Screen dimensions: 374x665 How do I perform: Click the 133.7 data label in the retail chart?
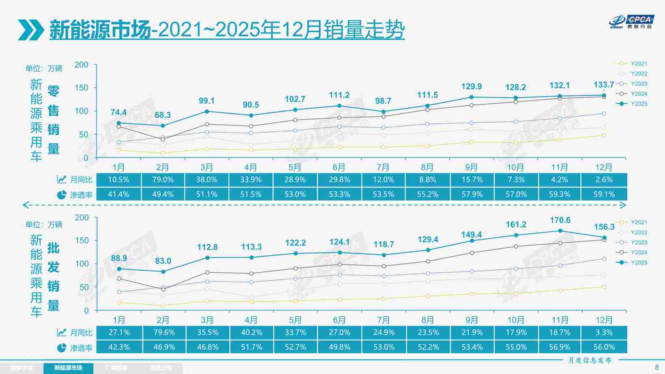pyautogui.click(x=604, y=85)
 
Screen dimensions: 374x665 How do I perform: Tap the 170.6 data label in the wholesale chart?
pyautogui.click(x=560, y=220)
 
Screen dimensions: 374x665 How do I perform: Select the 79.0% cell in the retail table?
pyautogui.click(x=163, y=180)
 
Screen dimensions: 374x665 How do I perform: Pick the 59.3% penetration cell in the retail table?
pyautogui.click(x=560, y=194)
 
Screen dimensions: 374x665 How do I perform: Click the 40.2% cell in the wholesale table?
pyautogui.click(x=251, y=332)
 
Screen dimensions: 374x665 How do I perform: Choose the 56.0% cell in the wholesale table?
pyautogui.click(x=604, y=347)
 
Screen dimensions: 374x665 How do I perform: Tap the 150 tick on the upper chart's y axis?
pyautogui.click(x=81, y=88)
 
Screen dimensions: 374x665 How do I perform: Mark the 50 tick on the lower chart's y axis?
pyautogui.click(x=84, y=287)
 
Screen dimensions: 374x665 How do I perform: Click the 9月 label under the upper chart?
pyautogui.click(x=471, y=167)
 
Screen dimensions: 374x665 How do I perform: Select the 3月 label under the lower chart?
pyautogui.click(x=207, y=320)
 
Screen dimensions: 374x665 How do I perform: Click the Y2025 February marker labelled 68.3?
pyautogui.click(x=163, y=126)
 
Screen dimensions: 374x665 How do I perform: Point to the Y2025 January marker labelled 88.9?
pyautogui.click(x=119, y=269)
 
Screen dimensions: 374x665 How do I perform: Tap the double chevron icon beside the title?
pyautogui.click(x=31, y=30)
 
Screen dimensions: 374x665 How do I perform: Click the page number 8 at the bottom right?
pyautogui.click(x=657, y=367)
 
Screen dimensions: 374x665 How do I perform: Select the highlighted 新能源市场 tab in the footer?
pyautogui.click(x=68, y=368)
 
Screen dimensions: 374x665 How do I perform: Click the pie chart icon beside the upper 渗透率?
pyautogui.click(x=62, y=195)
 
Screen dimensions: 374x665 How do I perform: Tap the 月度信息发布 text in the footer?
pyautogui.click(x=590, y=360)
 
